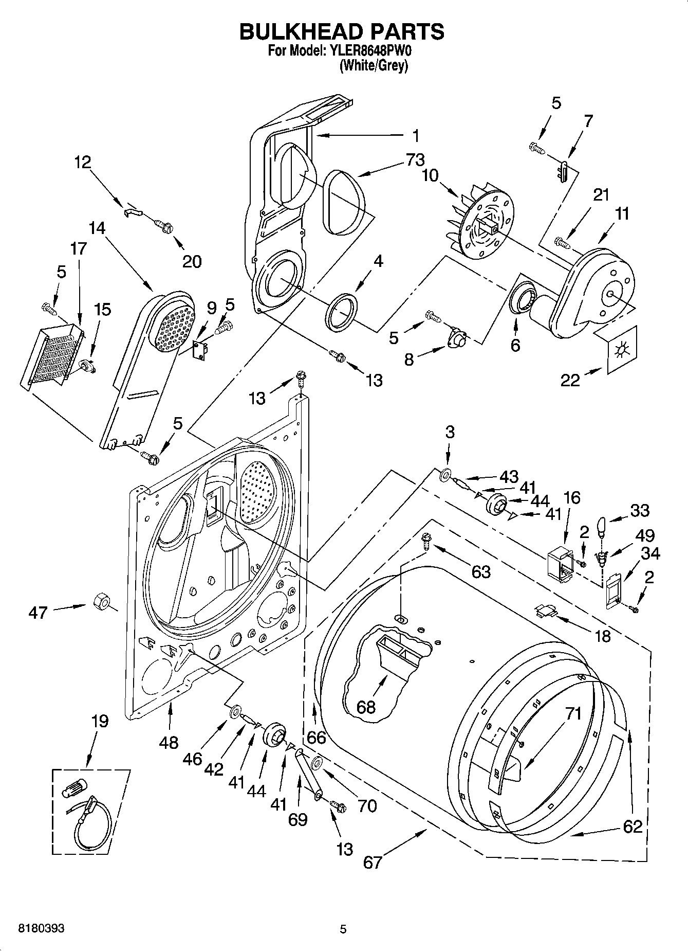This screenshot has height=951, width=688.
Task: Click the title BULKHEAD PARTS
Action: [x=342, y=31]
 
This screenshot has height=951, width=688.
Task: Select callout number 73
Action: [x=415, y=160]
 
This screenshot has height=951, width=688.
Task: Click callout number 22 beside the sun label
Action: [x=570, y=380]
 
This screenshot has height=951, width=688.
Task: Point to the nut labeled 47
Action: [x=100, y=601]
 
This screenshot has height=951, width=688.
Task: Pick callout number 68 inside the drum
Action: [x=366, y=707]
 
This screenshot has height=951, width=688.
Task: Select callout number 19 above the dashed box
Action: [x=100, y=721]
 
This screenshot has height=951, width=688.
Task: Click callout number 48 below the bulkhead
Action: [x=169, y=742]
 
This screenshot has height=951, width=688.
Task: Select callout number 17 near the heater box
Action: [x=79, y=248]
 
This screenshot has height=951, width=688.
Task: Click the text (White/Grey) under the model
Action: [x=374, y=66]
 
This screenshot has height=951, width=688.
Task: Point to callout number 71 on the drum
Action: [x=573, y=713]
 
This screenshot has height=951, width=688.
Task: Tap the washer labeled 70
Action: [x=317, y=762]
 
